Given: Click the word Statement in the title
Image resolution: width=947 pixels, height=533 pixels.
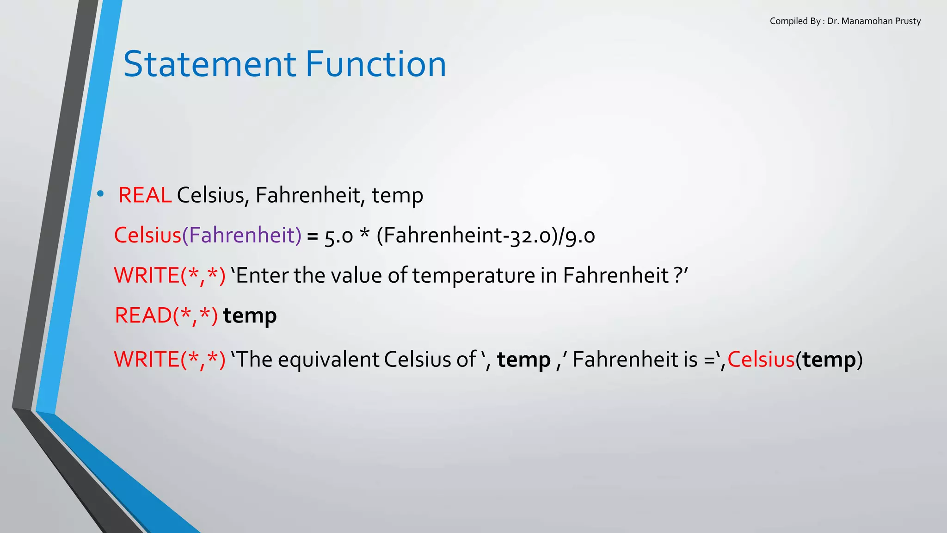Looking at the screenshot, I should point(209,64).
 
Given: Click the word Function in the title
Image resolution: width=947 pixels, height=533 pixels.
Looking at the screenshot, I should point(375,64).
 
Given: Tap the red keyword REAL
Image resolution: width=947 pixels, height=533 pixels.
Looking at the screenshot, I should point(145,195).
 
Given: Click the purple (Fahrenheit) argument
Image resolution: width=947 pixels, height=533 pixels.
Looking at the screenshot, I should point(242,235).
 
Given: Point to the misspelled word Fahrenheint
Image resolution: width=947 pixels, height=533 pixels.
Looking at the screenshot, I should point(439,235).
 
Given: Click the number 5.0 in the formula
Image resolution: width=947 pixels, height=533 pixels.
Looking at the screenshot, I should point(338,236).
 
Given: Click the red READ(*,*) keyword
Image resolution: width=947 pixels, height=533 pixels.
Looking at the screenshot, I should point(166,316).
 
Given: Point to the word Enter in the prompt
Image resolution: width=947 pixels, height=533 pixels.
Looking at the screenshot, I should point(262,275).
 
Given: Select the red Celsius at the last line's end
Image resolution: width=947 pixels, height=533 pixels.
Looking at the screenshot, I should point(761,359).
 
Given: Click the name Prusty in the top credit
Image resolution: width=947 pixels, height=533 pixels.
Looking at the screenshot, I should point(908,21).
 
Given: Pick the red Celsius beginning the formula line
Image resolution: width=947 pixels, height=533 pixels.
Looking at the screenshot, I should point(148,235).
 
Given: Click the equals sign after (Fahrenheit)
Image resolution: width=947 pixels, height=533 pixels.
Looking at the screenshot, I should point(313,236).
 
